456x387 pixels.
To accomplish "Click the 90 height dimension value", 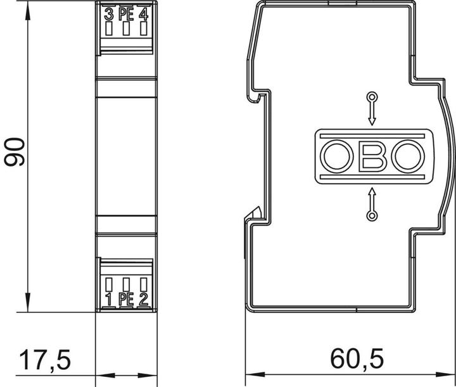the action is coord(15,152).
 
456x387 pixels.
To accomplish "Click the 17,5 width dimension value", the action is coord(45,360).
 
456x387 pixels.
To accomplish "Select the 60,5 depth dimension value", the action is coord(357,358).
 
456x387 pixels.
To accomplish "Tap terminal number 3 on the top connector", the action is coord(109,15).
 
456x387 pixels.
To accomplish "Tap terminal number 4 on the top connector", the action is coord(143,15).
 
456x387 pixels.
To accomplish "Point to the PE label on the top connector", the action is coord(126,15).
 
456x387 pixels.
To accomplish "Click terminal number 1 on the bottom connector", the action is coord(109,299).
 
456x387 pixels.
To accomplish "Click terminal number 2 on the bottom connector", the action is coord(143,299).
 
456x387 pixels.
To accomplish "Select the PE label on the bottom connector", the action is coord(126,299).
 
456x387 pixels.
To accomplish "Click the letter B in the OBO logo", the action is coord(372,156).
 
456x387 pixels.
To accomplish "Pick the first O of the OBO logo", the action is coord(337,156).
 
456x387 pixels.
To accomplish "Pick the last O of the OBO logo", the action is coord(408,156).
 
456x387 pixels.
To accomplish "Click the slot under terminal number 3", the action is coord(109,29).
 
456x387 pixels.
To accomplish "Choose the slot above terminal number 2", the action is coord(143,284).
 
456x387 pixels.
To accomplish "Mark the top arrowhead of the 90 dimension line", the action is coord(28,11).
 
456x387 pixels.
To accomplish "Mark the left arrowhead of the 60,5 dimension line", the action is coord(255,374).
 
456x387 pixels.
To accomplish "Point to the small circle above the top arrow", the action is coord(372,97).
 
